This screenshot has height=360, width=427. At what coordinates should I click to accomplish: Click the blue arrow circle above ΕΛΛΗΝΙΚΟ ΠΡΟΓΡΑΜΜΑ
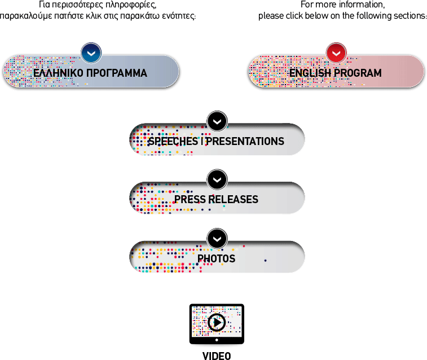pyautogui.click(x=91, y=53)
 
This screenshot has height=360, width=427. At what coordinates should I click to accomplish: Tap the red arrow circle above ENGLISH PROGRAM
pyautogui.click(x=336, y=53)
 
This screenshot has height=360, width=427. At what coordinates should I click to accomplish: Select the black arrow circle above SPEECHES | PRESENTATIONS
pyautogui.click(x=217, y=121)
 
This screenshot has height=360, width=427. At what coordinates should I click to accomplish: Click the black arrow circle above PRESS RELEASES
pyautogui.click(x=217, y=180)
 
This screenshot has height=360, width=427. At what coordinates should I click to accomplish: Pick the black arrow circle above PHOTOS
pyautogui.click(x=217, y=239)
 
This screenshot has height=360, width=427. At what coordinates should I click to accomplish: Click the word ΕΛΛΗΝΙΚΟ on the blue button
pyautogui.click(x=58, y=73)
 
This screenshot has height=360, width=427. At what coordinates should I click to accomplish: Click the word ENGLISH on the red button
pyautogui.click(x=310, y=73)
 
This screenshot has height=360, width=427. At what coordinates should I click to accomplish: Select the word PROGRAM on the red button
pyautogui.click(x=358, y=73)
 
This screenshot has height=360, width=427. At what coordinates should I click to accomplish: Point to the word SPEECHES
pyautogui.click(x=173, y=141)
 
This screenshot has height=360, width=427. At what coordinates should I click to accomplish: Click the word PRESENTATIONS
pyautogui.click(x=245, y=141)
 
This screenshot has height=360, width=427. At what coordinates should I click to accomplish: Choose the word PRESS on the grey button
pyautogui.click(x=190, y=199)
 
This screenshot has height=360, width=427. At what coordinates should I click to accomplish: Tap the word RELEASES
pyautogui.click(x=234, y=199)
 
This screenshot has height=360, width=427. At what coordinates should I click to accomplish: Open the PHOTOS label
pyautogui.click(x=216, y=258)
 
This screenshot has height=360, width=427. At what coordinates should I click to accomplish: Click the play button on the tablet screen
pyautogui.click(x=217, y=322)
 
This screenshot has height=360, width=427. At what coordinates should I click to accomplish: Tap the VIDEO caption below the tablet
pyautogui.click(x=217, y=356)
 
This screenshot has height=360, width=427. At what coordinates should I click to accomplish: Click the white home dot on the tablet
pyautogui.click(x=217, y=340)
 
